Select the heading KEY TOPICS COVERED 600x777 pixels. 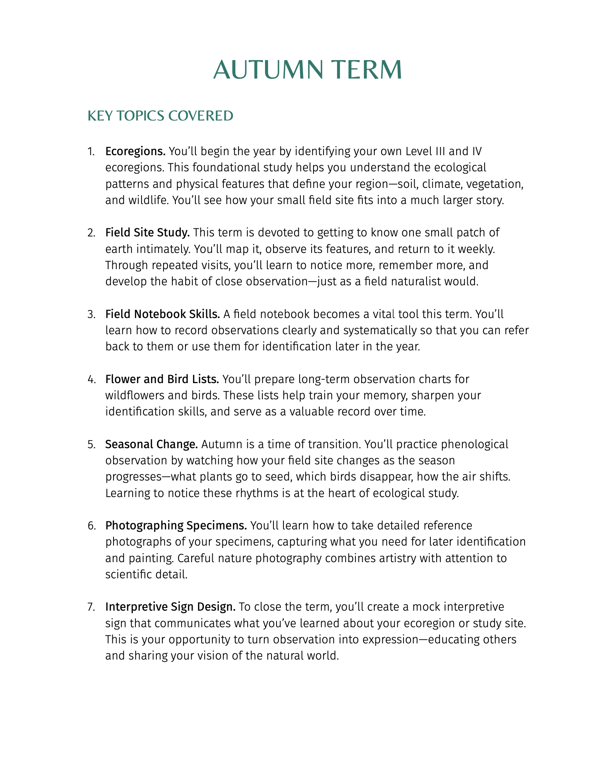160,116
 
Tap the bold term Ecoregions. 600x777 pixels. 135,151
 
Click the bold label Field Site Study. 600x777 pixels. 148,233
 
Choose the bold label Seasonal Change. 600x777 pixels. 152,444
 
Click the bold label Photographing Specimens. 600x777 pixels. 176,525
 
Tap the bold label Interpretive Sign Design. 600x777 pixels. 170,607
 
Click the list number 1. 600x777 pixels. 90,151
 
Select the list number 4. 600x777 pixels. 91,380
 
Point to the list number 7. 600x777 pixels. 91,607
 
